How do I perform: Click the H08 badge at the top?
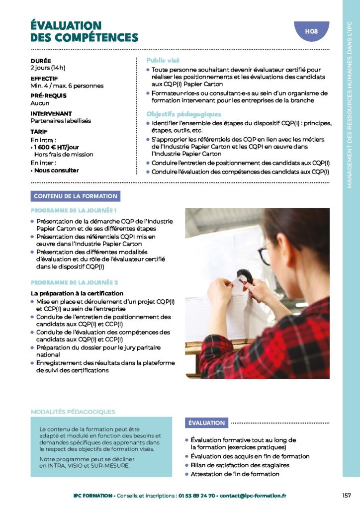[x=311, y=32]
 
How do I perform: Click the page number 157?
[x=347, y=496]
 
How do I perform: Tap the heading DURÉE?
[x=41, y=61]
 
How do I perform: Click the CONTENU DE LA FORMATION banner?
[x=76, y=196]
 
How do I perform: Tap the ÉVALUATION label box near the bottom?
[x=206, y=423]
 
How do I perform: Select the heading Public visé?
[x=163, y=60]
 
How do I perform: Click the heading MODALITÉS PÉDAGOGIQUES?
[x=73, y=412]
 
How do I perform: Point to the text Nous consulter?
[x=56, y=170]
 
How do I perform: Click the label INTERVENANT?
[x=51, y=114]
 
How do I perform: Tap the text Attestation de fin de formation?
[x=235, y=474]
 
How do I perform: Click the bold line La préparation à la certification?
[x=77, y=293]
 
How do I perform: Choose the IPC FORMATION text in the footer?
[x=92, y=496]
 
